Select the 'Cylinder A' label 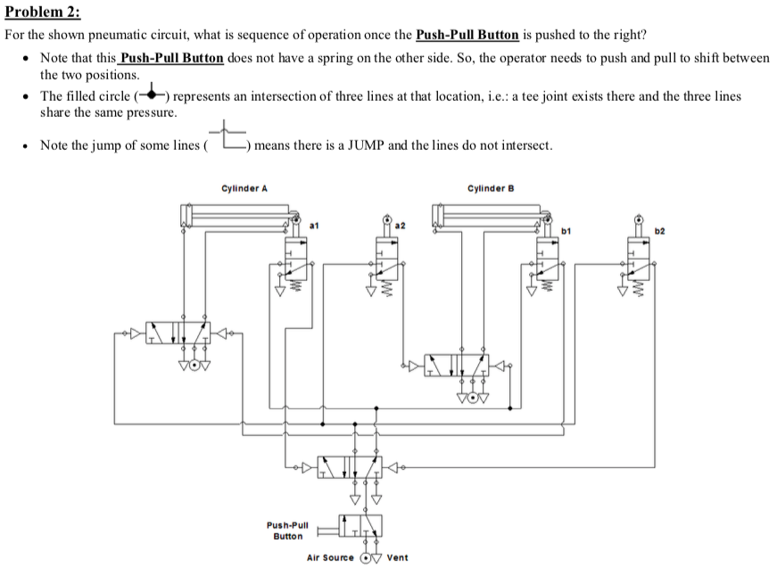point(244,188)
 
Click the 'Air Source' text point(330,557)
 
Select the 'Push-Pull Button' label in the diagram point(287,531)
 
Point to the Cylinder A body point(237,214)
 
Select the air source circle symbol point(365,557)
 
